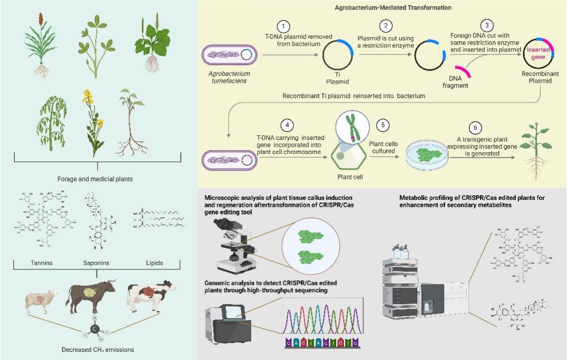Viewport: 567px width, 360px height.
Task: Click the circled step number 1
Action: tap(283, 26)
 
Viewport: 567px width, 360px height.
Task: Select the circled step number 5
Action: tap(382, 125)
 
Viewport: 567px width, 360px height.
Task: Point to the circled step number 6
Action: tap(475, 127)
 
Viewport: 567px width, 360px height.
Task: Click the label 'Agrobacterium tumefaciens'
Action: tap(229, 77)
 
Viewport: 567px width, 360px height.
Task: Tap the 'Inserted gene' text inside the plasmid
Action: tap(536, 53)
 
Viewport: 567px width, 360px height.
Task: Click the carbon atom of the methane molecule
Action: tap(95, 328)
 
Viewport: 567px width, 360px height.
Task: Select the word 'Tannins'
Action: tap(41, 263)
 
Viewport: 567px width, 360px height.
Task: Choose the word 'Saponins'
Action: tap(96, 263)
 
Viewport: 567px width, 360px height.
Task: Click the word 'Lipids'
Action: tap(154, 263)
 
